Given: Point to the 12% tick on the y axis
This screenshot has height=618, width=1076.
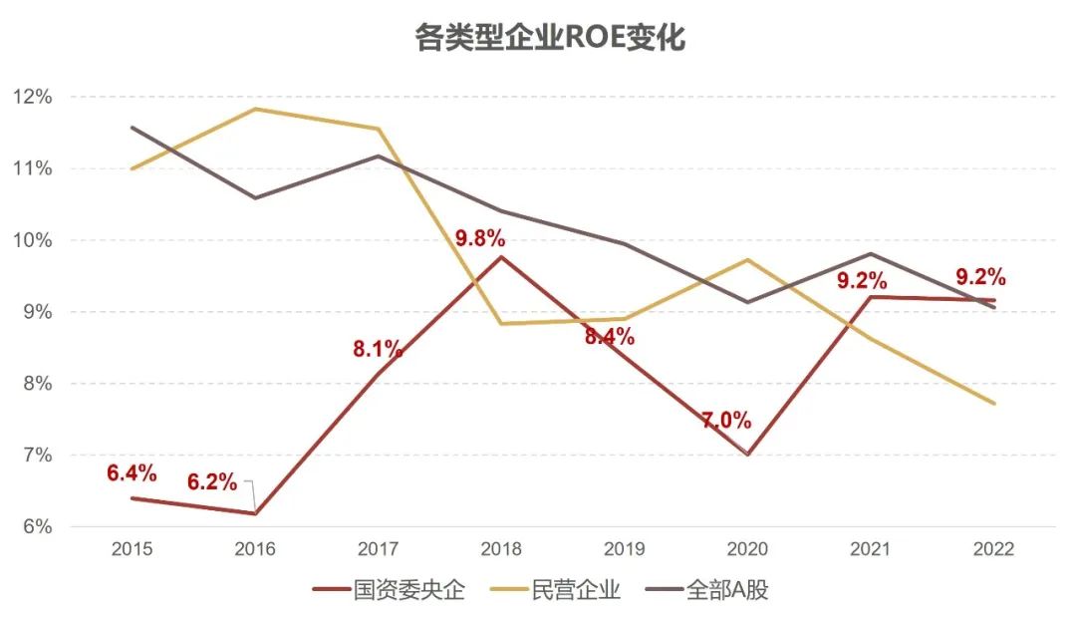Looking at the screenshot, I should point(32,97).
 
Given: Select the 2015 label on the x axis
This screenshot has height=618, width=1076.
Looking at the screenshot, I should point(132,549).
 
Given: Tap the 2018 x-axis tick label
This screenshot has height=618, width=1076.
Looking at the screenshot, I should point(501,549).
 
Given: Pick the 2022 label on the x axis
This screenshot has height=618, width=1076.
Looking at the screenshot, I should point(993,549).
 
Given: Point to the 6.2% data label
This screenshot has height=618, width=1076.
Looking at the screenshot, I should point(212,483).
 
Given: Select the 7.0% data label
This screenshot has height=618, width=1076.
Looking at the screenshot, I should point(726,420).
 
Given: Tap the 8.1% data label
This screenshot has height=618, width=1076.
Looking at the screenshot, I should point(378,349).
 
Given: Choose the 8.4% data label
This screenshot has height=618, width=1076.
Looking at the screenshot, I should point(610,337).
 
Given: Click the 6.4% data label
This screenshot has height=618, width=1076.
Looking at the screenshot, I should point(132,472).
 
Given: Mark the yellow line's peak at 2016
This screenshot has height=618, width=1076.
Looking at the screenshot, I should point(255,109).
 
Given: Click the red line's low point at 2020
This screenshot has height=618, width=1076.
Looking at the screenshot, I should point(747,455).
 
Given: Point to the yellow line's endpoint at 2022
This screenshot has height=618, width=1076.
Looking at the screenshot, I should point(993,403).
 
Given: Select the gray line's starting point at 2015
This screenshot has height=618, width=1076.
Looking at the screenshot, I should point(132,128).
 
